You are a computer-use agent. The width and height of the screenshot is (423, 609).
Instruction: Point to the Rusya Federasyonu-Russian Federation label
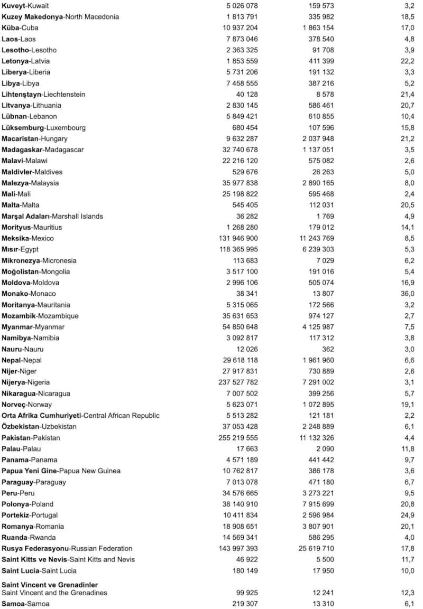[67, 548]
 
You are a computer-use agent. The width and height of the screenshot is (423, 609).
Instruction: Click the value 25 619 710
[314, 548]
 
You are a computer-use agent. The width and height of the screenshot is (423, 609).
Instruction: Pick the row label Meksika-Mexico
[27, 238]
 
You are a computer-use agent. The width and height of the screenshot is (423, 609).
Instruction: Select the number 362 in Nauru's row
[327, 349]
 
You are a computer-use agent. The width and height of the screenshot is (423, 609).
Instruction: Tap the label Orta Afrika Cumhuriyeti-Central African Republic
[80, 416]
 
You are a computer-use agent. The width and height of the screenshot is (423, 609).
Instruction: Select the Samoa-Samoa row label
[26, 604]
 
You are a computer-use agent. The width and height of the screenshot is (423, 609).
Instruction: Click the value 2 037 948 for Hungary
[316, 139]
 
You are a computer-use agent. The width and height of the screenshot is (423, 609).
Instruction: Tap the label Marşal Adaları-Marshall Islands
[52, 216]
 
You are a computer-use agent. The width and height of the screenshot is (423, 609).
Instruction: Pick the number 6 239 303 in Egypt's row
[316, 249]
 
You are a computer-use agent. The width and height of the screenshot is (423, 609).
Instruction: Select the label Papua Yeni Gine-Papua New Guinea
[61, 471]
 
